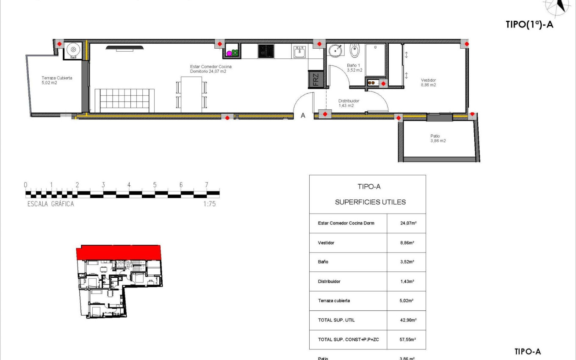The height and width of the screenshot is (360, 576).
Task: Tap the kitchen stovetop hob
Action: pyautogui.click(x=266, y=51)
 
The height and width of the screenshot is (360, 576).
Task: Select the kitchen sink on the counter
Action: pyautogui.click(x=300, y=52)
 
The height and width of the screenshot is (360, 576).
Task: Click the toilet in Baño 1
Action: pyautogui.click(x=355, y=51)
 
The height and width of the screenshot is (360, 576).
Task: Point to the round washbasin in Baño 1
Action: pyautogui.click(x=336, y=50)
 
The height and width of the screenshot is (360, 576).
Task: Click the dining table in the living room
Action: pyautogui.click(x=191, y=94)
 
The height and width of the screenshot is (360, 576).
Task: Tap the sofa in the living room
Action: pyautogui.click(x=122, y=100)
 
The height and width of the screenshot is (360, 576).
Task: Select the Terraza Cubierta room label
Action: pyautogui.click(x=56, y=80)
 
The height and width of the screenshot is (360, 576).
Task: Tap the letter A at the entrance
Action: pyautogui.click(x=303, y=115)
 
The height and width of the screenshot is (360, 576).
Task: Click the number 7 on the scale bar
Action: pyautogui.click(x=206, y=185)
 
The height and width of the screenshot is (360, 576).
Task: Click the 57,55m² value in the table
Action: pyautogui.click(x=407, y=340)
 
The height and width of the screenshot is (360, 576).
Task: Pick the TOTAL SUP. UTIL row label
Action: pyautogui.click(x=336, y=320)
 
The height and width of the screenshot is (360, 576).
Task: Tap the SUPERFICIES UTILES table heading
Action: pyautogui.click(x=370, y=202)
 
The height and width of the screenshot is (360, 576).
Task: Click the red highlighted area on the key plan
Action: pyautogui.click(x=119, y=252)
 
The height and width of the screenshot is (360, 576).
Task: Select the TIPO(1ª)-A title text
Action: pyautogui.click(x=530, y=25)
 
